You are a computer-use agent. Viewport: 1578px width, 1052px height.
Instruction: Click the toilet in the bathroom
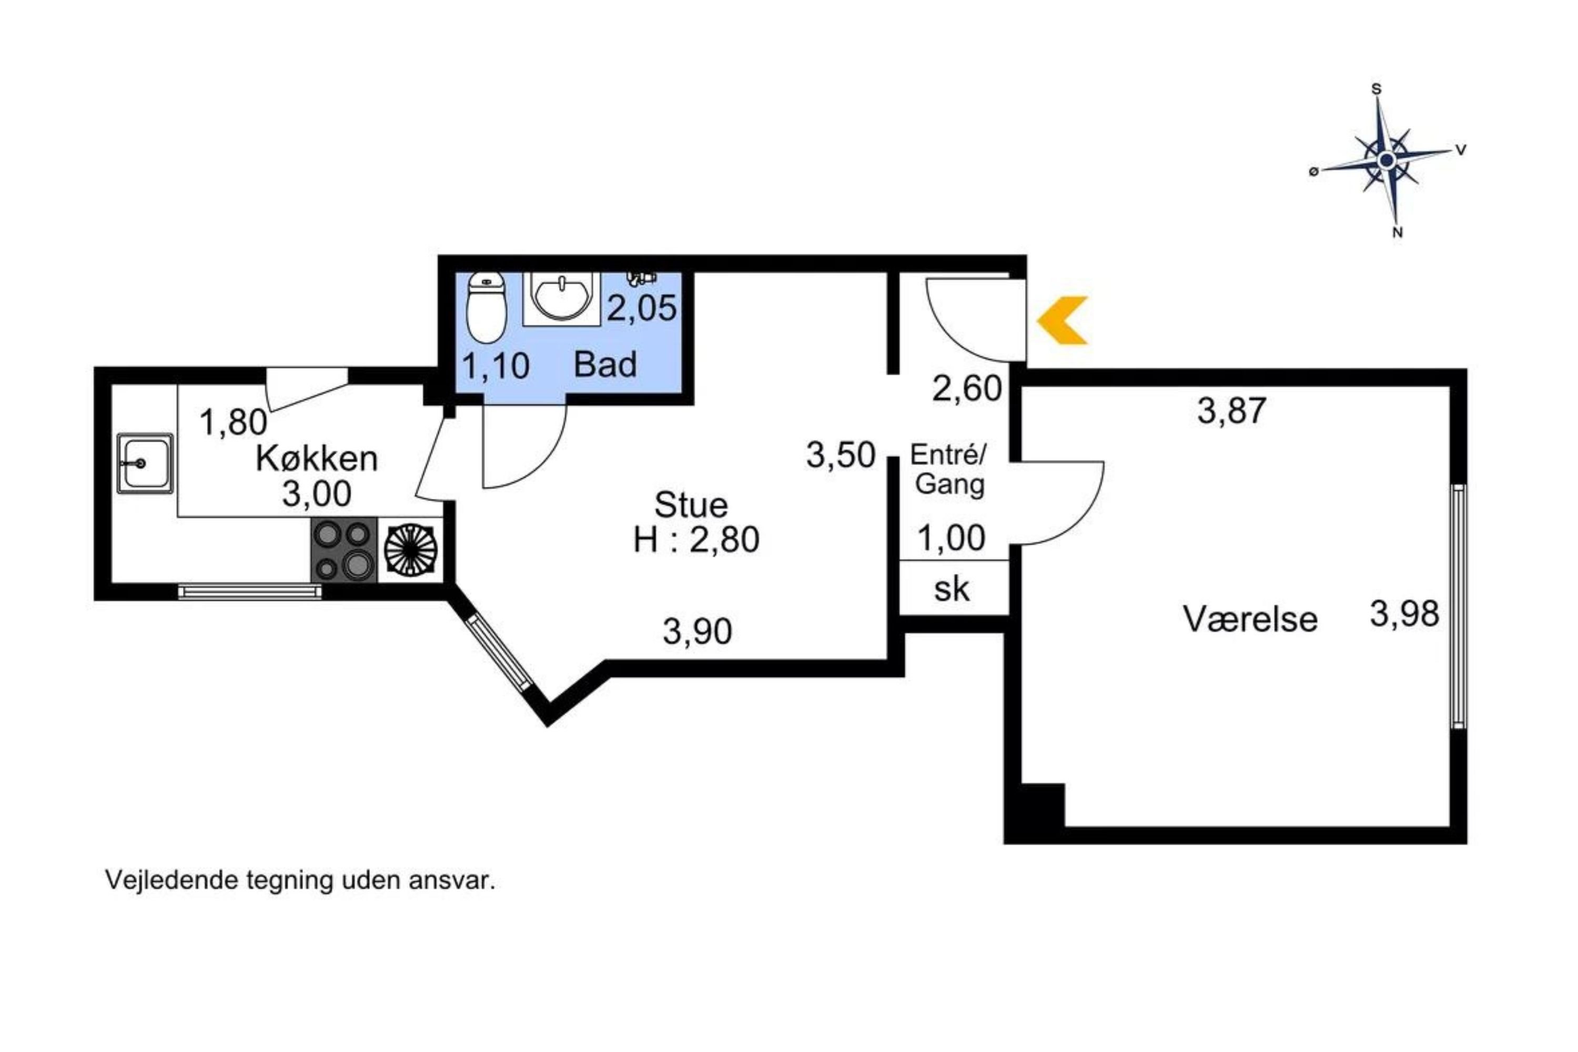[487, 307]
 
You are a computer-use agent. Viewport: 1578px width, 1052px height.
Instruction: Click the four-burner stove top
[344, 550]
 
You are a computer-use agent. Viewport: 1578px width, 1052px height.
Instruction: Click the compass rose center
[1387, 160]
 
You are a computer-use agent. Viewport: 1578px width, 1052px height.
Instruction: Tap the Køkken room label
[317, 459]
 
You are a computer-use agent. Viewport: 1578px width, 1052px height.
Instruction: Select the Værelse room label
[1250, 619]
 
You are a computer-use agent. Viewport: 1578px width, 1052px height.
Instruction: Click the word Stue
[691, 504]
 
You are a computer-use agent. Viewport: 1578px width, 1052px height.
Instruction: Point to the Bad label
[605, 365]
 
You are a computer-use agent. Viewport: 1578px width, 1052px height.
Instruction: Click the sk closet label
[952, 589]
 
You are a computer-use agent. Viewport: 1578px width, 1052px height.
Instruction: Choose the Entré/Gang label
[949, 470]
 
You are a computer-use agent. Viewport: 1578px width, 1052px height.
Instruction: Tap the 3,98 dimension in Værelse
[1404, 614]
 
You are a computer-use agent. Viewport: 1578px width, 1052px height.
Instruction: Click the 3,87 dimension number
[1232, 411]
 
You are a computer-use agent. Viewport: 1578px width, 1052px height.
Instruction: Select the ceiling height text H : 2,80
[696, 540]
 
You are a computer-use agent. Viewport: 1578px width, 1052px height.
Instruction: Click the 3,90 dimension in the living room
[697, 631]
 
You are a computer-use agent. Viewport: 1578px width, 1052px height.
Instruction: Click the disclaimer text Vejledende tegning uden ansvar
[300, 880]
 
